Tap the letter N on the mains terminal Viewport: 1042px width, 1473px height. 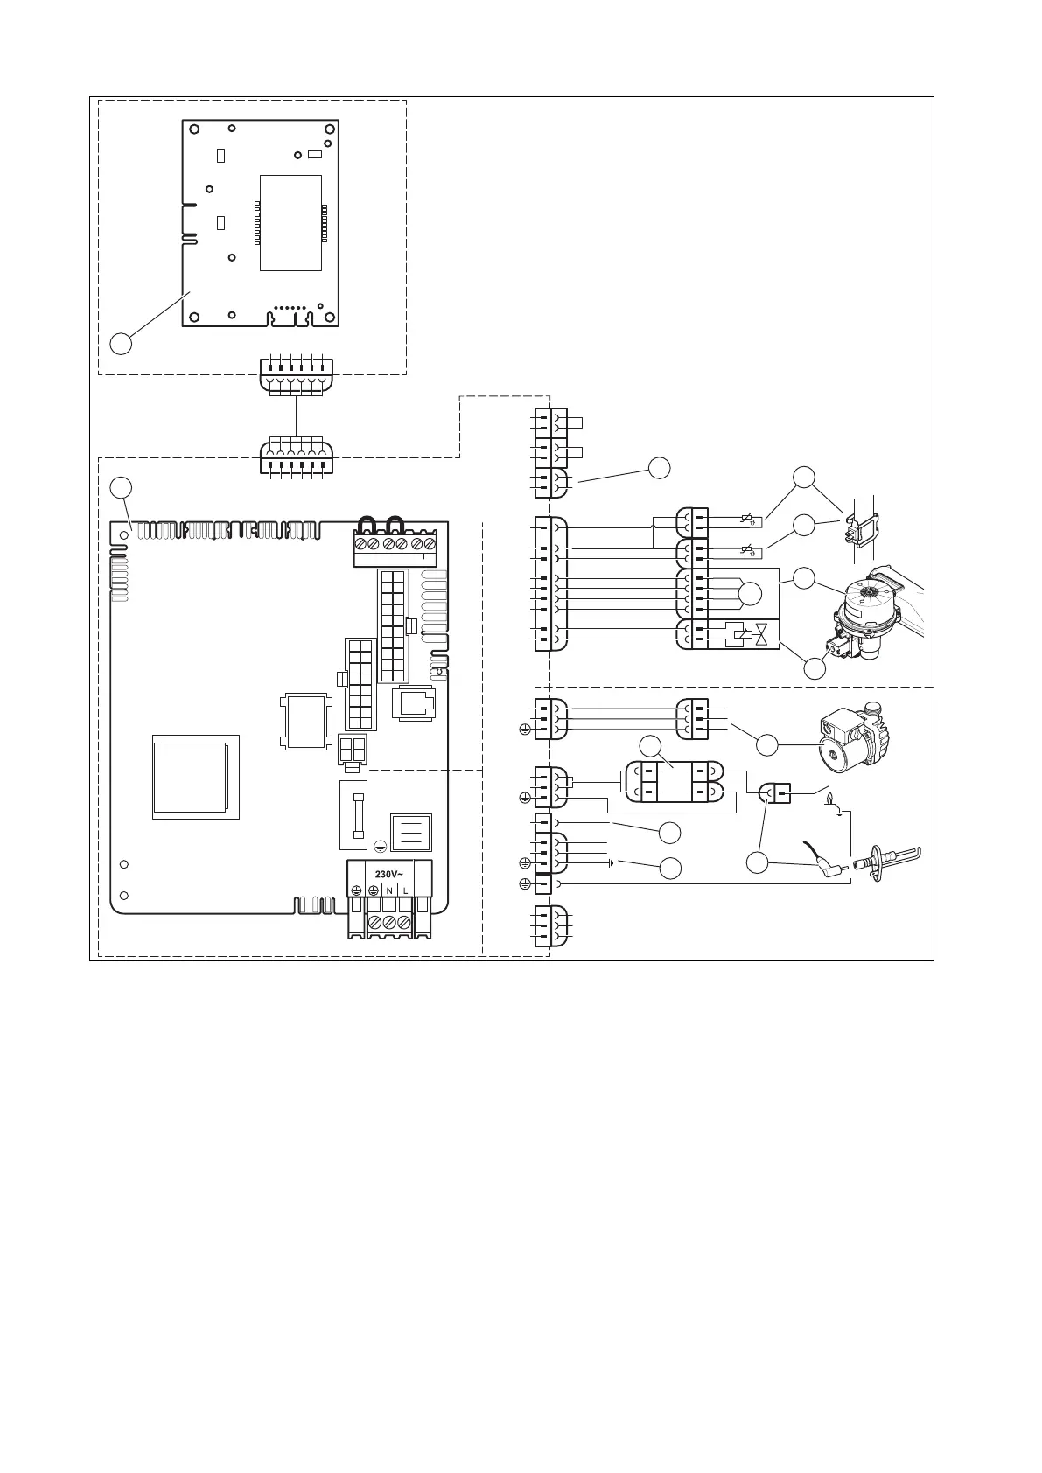click(x=388, y=890)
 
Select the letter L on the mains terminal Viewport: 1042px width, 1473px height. click(x=405, y=890)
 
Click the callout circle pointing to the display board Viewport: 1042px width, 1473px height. click(x=122, y=343)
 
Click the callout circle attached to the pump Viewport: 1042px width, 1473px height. click(x=766, y=745)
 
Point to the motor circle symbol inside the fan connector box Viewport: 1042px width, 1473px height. click(x=750, y=593)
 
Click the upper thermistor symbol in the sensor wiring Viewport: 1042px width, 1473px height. click(x=746, y=522)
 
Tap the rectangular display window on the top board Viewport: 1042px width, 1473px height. click(x=290, y=221)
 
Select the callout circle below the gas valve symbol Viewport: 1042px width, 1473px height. click(x=814, y=667)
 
